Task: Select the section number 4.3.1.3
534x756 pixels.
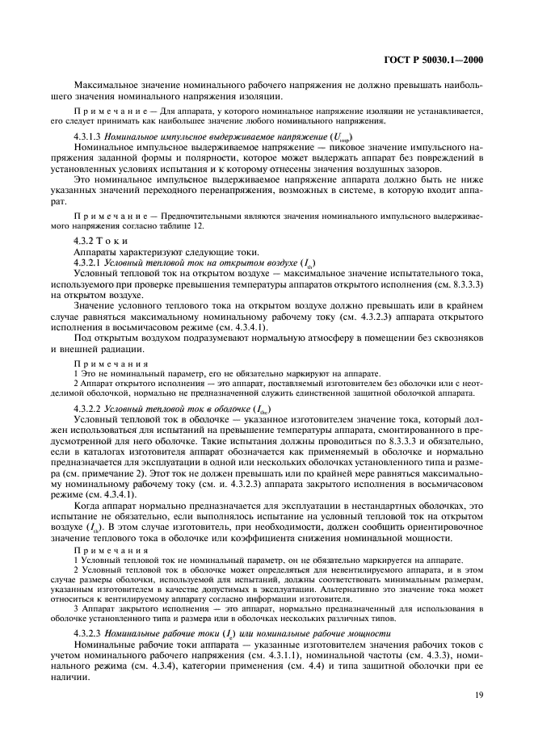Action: (88, 137)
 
